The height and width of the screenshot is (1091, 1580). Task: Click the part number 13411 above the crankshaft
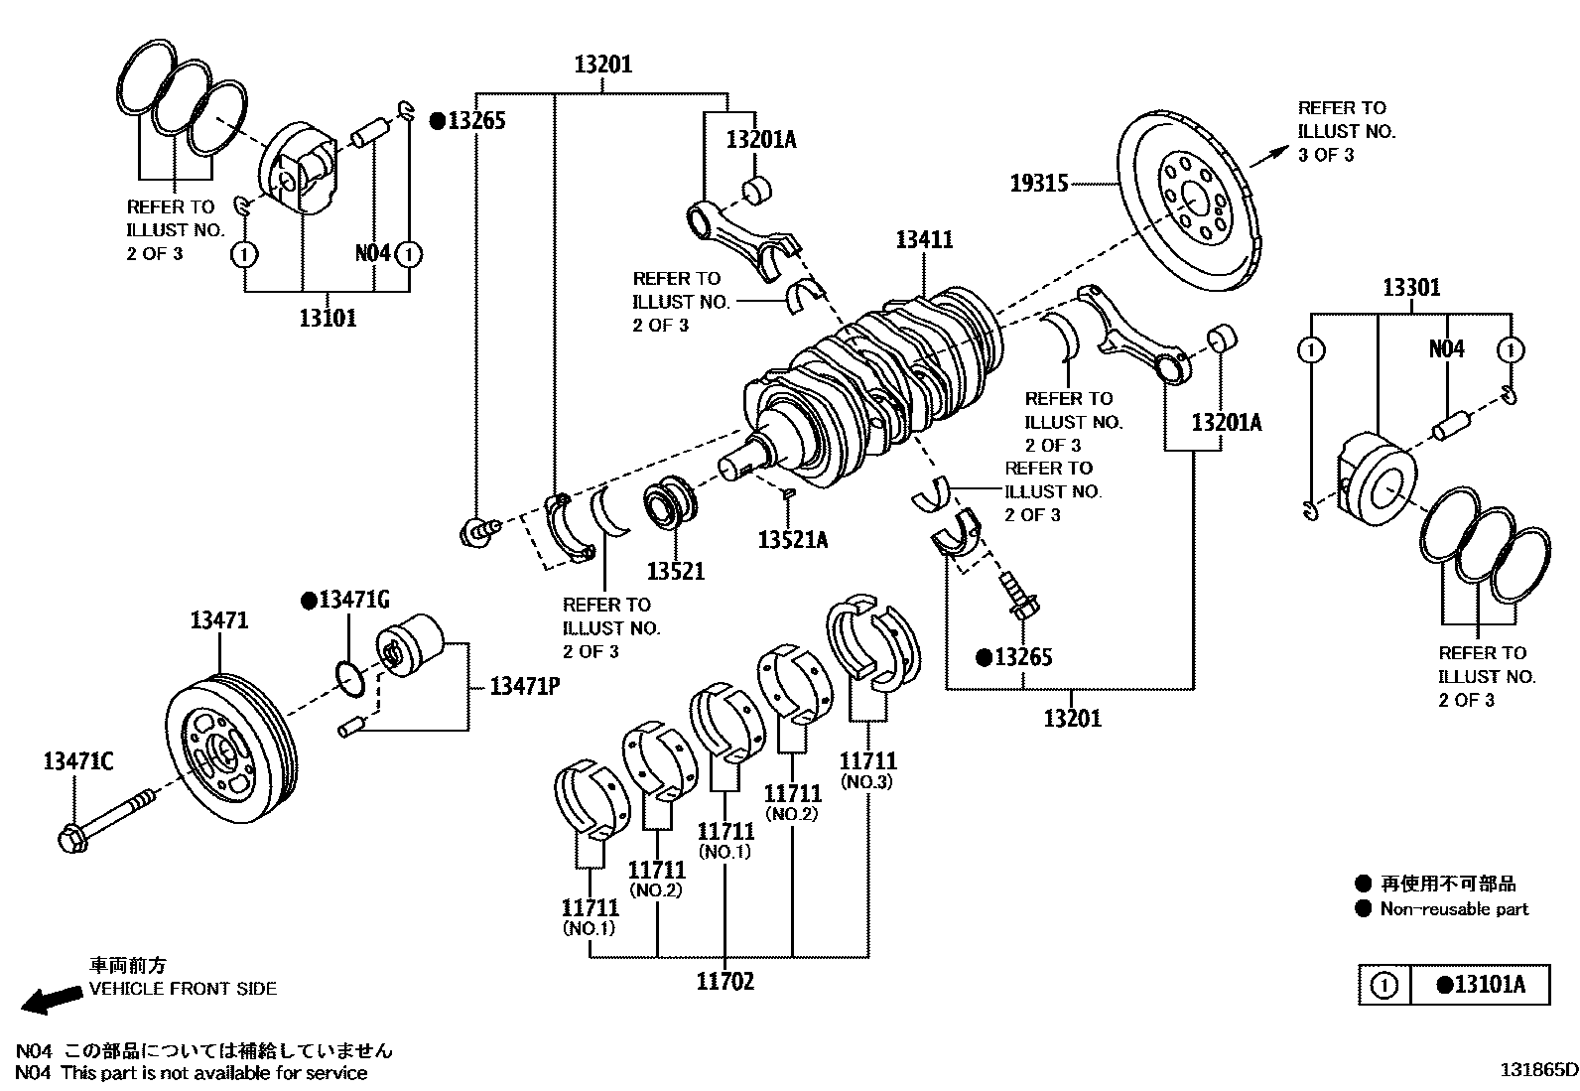pyautogui.click(x=924, y=240)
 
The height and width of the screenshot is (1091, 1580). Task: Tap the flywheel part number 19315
pyautogui.click(x=1039, y=184)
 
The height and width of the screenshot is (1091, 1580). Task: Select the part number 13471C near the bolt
pyautogui.click(x=78, y=761)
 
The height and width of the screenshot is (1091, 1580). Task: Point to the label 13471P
pyautogui.click(x=525, y=686)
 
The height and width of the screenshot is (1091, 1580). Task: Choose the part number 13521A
pyautogui.click(x=793, y=540)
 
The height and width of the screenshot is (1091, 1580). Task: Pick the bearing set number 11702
pyautogui.click(x=725, y=981)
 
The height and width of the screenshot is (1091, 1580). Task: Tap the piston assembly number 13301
pyautogui.click(x=1411, y=288)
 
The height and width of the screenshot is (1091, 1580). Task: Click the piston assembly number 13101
pyautogui.click(x=328, y=319)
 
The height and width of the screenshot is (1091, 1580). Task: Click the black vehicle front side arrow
pyautogui.click(x=52, y=999)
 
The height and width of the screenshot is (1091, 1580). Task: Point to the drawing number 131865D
pyautogui.click(x=1538, y=1070)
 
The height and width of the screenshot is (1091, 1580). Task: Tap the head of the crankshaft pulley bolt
pyautogui.click(x=71, y=839)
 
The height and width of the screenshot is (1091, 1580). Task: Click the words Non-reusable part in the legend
pyautogui.click(x=1454, y=909)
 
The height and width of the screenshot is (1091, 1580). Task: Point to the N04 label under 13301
pyautogui.click(x=1446, y=349)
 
